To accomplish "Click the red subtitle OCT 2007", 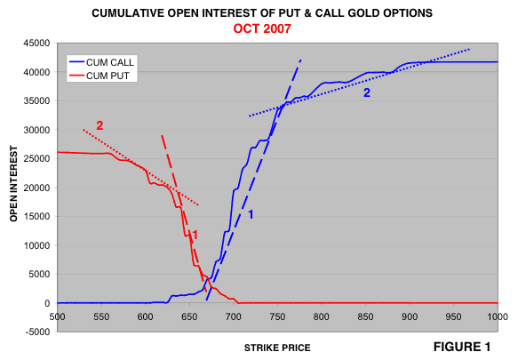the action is pyautogui.click(x=262, y=28).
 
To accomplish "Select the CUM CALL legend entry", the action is pyautogui.click(x=101, y=62).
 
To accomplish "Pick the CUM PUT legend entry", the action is pyautogui.click(x=99, y=76).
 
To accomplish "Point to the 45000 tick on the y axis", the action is pyautogui.click(x=36, y=43).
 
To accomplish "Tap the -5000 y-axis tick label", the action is pyautogui.click(x=37, y=332).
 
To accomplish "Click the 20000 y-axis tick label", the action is pyautogui.click(x=36, y=188).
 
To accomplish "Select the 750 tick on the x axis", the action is pyautogui.click(x=277, y=316).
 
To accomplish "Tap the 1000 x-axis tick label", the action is pyautogui.click(x=498, y=316).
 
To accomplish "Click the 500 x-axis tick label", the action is pyautogui.click(x=57, y=316).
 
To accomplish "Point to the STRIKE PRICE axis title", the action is pyautogui.click(x=277, y=348).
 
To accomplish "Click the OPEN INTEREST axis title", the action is pyautogui.click(x=13, y=183).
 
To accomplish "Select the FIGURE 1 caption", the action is pyautogui.click(x=462, y=347).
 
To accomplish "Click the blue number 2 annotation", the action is pyautogui.click(x=367, y=93).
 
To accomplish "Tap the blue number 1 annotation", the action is pyautogui.click(x=251, y=214).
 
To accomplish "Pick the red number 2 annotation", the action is pyautogui.click(x=100, y=125).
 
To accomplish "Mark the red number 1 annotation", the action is pyautogui.click(x=195, y=235).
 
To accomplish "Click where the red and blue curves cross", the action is pyautogui.click(x=208, y=279).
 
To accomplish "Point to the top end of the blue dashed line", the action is pyautogui.click(x=300, y=60).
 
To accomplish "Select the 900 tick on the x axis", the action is pyautogui.click(x=410, y=316).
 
